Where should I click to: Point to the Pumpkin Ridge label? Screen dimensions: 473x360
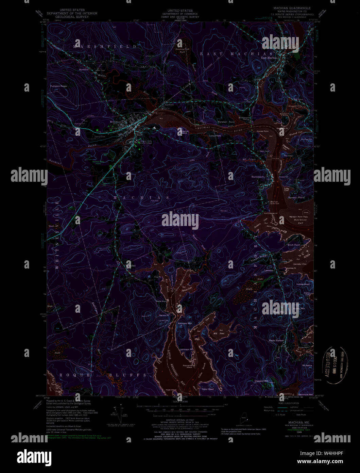point(58,86)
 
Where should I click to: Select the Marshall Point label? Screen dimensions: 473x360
point(226,122)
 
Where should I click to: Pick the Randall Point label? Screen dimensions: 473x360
point(296,197)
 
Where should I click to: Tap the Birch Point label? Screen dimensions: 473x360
point(294,245)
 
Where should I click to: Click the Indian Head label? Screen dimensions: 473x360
point(303,284)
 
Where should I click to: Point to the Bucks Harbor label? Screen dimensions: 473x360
point(276,340)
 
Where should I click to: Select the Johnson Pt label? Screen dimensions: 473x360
point(186,349)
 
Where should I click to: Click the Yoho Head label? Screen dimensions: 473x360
point(207,389)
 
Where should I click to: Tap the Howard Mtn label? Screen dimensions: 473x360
point(261,381)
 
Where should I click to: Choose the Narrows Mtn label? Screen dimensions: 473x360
point(185,323)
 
